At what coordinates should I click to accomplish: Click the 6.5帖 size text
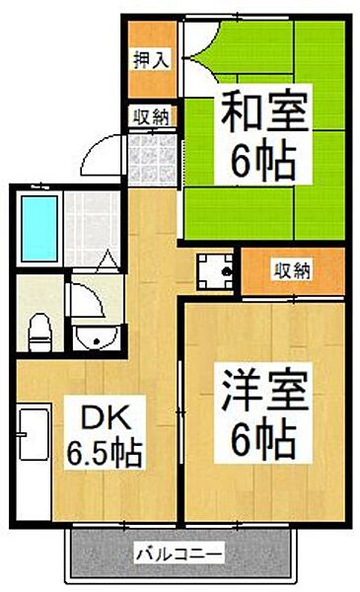(x=105, y=454)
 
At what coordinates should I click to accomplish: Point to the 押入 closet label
(x=151, y=57)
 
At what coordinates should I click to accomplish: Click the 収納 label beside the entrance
(x=153, y=115)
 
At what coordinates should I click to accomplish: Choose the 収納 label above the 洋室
(x=292, y=269)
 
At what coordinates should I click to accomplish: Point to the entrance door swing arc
(x=99, y=153)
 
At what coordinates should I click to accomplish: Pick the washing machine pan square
(x=215, y=268)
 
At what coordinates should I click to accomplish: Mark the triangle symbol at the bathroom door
(x=108, y=263)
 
